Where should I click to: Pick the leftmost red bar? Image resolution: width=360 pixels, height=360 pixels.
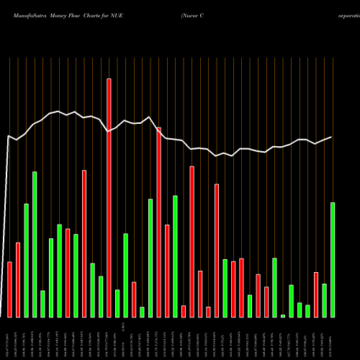tap(9, 289)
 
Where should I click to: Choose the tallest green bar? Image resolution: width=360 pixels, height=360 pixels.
tap(35, 244)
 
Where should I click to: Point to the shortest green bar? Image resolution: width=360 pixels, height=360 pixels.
tap(283, 315)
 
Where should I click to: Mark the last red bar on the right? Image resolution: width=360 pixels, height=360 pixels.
tap(316, 294)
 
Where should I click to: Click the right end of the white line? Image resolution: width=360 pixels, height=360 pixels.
tap(332, 137)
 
